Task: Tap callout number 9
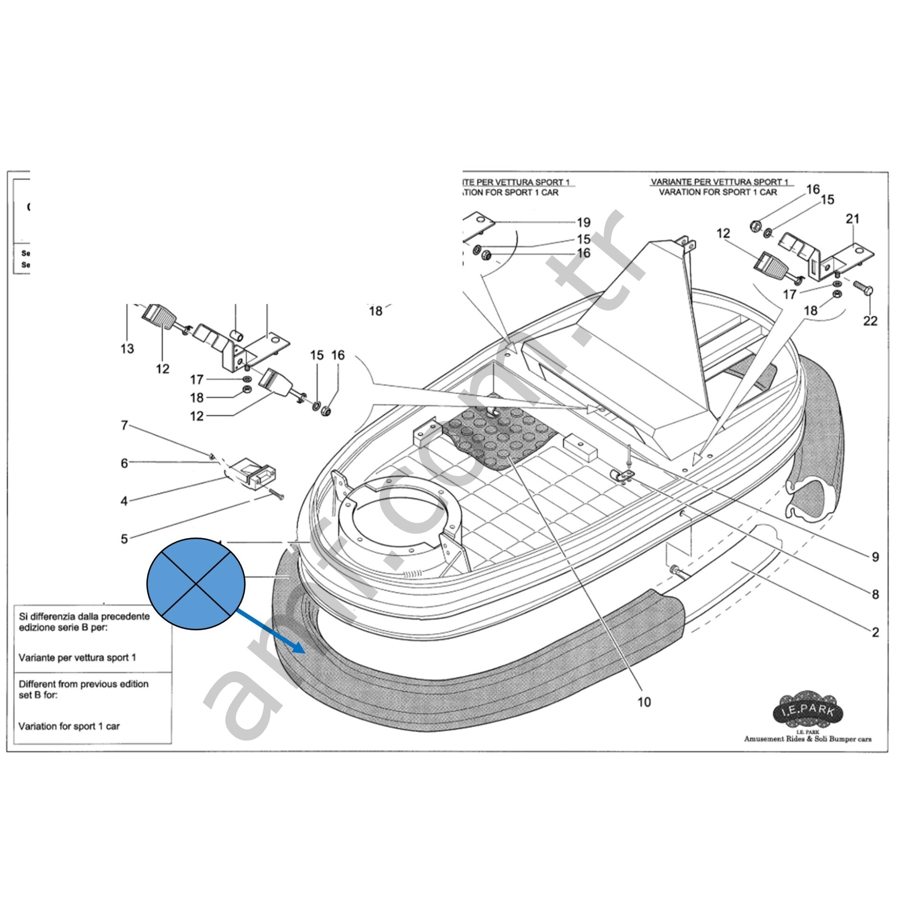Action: [x=875, y=557]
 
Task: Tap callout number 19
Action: [x=583, y=222]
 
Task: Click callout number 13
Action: [x=127, y=349]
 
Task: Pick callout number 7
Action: [x=124, y=426]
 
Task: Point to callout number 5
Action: [x=124, y=539]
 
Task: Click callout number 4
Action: [x=124, y=500]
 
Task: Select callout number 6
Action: [x=124, y=463]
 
